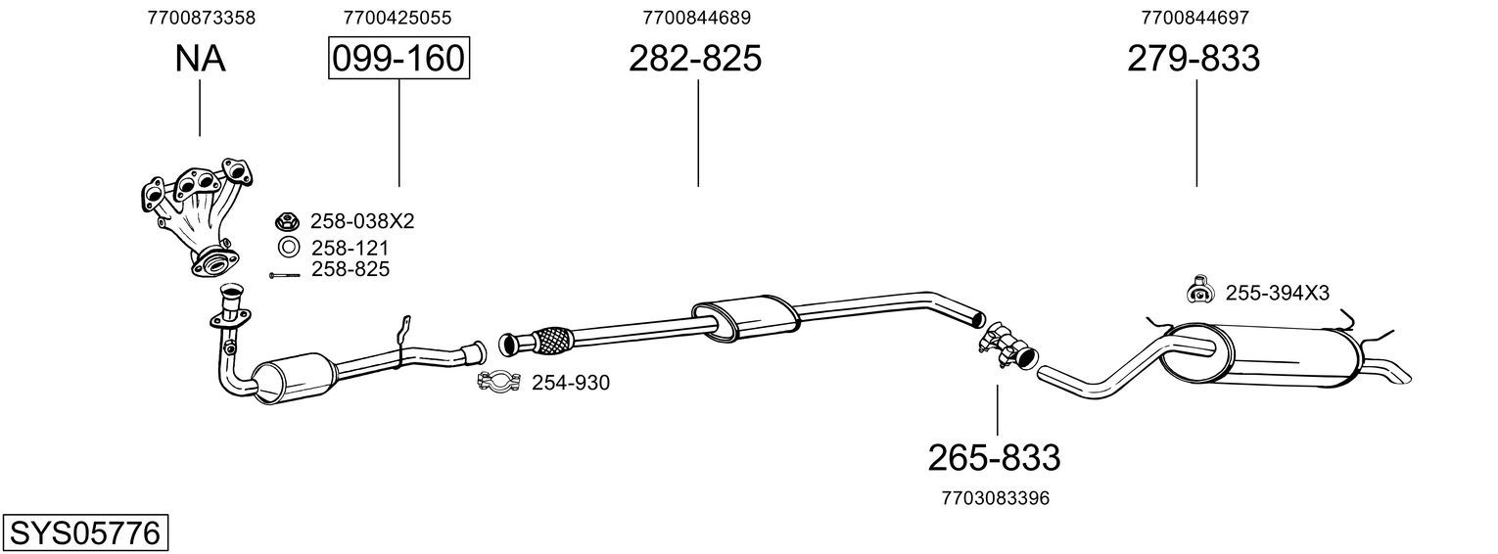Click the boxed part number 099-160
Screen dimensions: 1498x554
398,58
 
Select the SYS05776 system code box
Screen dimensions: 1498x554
85,532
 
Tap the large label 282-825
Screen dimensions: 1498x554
695,58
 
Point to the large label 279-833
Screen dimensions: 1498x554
1194,58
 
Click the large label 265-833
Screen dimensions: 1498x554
995,458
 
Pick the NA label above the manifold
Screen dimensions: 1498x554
200,58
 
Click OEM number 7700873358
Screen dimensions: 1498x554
202,18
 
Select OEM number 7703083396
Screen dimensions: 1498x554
996,498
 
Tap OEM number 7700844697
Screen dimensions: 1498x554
1195,18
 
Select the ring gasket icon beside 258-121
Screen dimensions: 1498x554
289,248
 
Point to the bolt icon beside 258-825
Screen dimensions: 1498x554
284,275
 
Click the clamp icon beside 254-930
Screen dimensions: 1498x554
499,382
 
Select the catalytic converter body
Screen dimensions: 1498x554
295,378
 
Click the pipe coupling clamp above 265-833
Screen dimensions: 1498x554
1006,345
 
